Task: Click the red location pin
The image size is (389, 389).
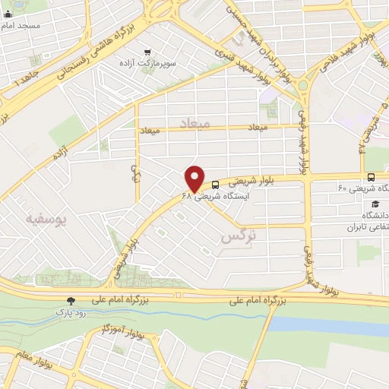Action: coord(194,178)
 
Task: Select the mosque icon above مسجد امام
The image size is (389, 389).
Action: coord(8,13)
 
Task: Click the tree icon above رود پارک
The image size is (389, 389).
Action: coord(71,301)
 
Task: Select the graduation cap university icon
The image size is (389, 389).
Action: coord(375,205)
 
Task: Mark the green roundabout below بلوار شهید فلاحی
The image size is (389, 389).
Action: coord(302,85)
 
